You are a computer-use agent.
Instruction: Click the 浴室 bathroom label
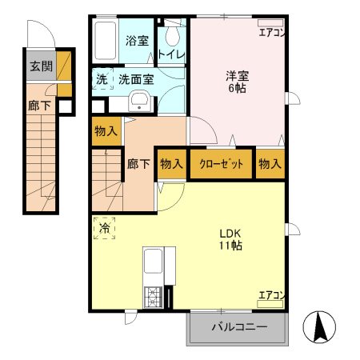pos(136,42)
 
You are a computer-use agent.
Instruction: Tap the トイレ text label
pos(172,54)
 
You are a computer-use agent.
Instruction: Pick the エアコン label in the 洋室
pos(271,33)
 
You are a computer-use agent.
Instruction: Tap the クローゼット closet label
pos(222,163)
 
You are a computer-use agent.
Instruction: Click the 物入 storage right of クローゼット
pos(270,163)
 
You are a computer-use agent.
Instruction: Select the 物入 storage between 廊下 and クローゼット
pos(171,163)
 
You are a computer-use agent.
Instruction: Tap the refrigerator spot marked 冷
pos(105,229)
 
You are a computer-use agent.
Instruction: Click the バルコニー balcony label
pos(238,326)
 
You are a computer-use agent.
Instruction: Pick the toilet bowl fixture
pos(172,36)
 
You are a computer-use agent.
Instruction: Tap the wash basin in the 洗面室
pos(140,101)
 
